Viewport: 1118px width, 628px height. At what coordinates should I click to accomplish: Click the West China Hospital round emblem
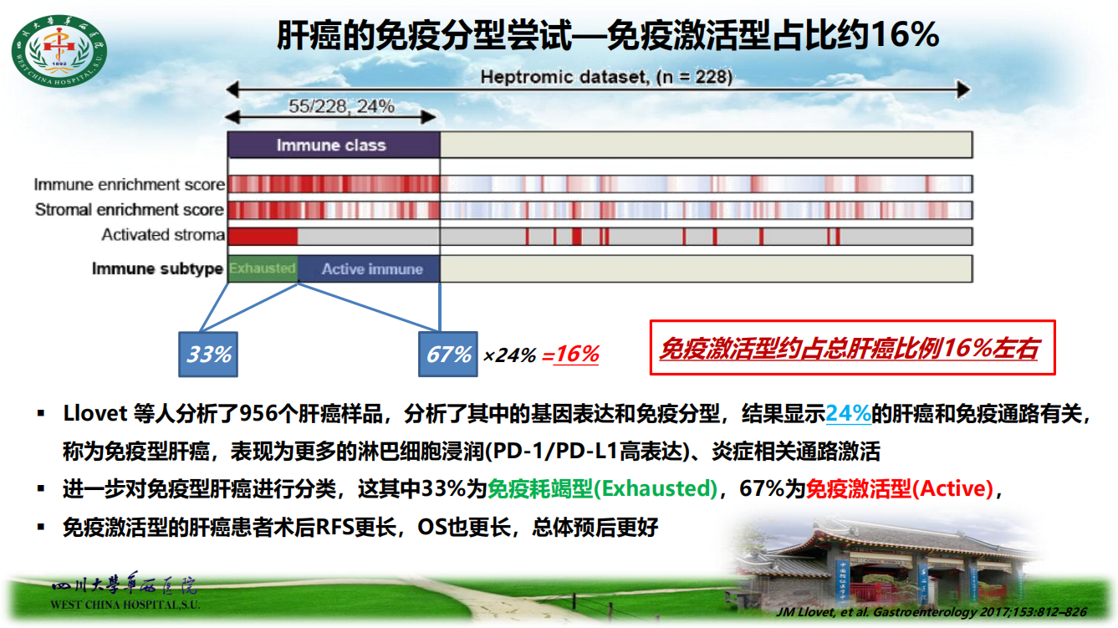coord(59,51)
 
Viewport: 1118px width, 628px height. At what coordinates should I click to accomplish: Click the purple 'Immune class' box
coord(334,146)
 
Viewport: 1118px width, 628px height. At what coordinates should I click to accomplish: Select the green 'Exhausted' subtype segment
coord(263,268)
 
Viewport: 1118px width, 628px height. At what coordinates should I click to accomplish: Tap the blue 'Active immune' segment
coord(369,268)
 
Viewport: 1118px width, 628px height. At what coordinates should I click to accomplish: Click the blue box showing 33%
coord(208,355)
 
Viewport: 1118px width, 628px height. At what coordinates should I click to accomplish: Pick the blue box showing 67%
coord(447,355)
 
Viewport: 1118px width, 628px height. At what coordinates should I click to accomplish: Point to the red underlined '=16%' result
coord(570,355)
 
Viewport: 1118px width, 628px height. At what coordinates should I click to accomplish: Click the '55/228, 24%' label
coord(341,106)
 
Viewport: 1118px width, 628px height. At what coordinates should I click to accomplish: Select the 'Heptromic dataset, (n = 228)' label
coord(606,77)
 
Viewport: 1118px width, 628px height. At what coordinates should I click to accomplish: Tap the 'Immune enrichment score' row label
coord(130,184)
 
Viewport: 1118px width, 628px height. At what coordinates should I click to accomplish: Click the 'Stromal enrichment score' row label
coord(130,210)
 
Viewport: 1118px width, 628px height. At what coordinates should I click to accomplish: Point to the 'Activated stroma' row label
coord(163,235)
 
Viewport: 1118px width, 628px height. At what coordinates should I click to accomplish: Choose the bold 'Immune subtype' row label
coord(157,268)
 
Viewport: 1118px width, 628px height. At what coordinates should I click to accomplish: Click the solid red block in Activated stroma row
coord(263,236)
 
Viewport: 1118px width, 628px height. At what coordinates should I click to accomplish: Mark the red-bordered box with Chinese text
coord(852,347)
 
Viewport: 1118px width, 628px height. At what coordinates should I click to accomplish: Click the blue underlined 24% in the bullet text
coord(848,413)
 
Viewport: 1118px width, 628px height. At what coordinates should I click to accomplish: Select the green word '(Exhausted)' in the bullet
coord(656,488)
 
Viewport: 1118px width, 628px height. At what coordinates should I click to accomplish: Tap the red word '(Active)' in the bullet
coord(952,488)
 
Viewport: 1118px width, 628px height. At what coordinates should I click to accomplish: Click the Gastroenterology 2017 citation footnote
coord(932,612)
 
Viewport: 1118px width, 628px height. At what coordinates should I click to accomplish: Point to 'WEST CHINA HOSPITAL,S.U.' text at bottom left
coord(125,605)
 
